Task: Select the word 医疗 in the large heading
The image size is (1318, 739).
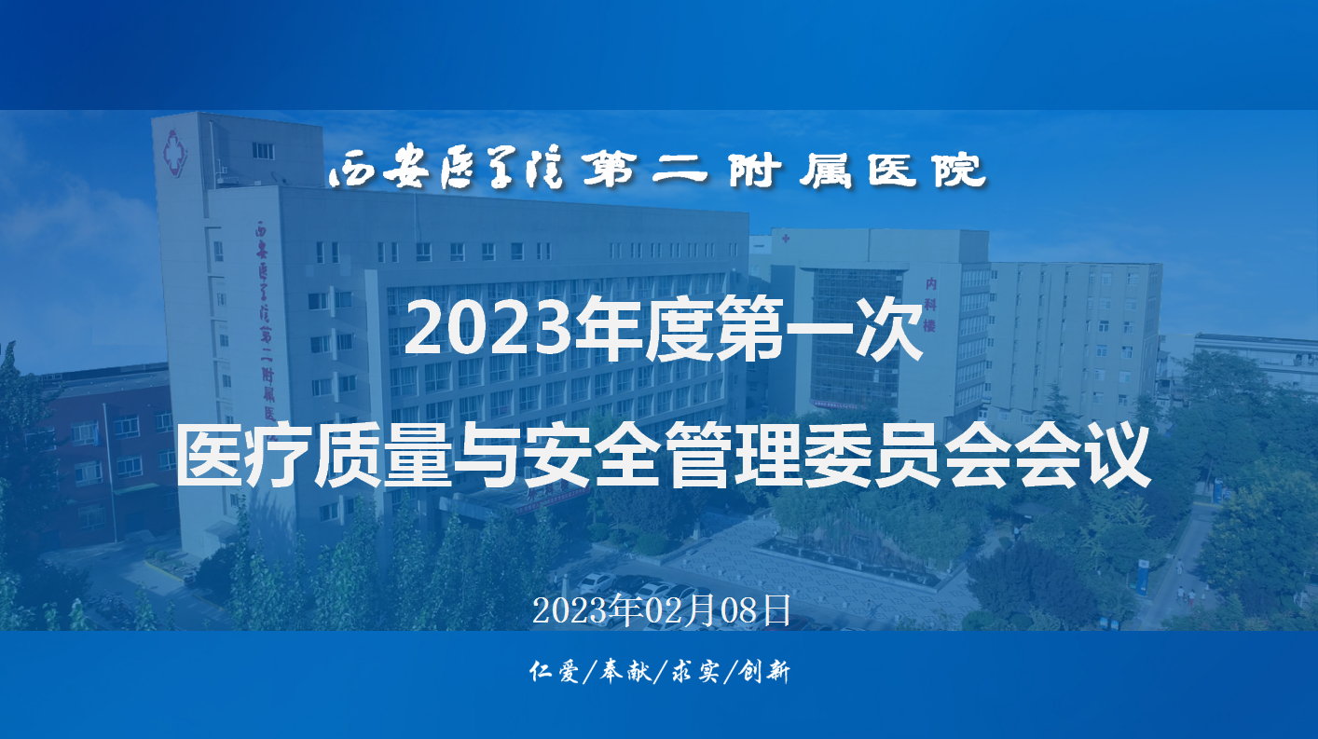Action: click(243, 457)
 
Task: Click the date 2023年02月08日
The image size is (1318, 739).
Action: click(662, 610)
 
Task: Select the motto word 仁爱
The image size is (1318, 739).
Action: click(554, 671)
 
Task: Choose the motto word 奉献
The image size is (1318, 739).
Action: click(625, 671)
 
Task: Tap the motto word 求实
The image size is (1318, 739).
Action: click(695, 671)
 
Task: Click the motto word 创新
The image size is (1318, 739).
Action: click(764, 671)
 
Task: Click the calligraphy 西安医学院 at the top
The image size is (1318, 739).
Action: click(446, 170)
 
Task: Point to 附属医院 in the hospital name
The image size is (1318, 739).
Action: click(857, 170)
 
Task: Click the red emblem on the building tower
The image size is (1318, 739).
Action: click(174, 153)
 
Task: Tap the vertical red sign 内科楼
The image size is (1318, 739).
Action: click(930, 305)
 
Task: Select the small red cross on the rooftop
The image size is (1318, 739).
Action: click(786, 239)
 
